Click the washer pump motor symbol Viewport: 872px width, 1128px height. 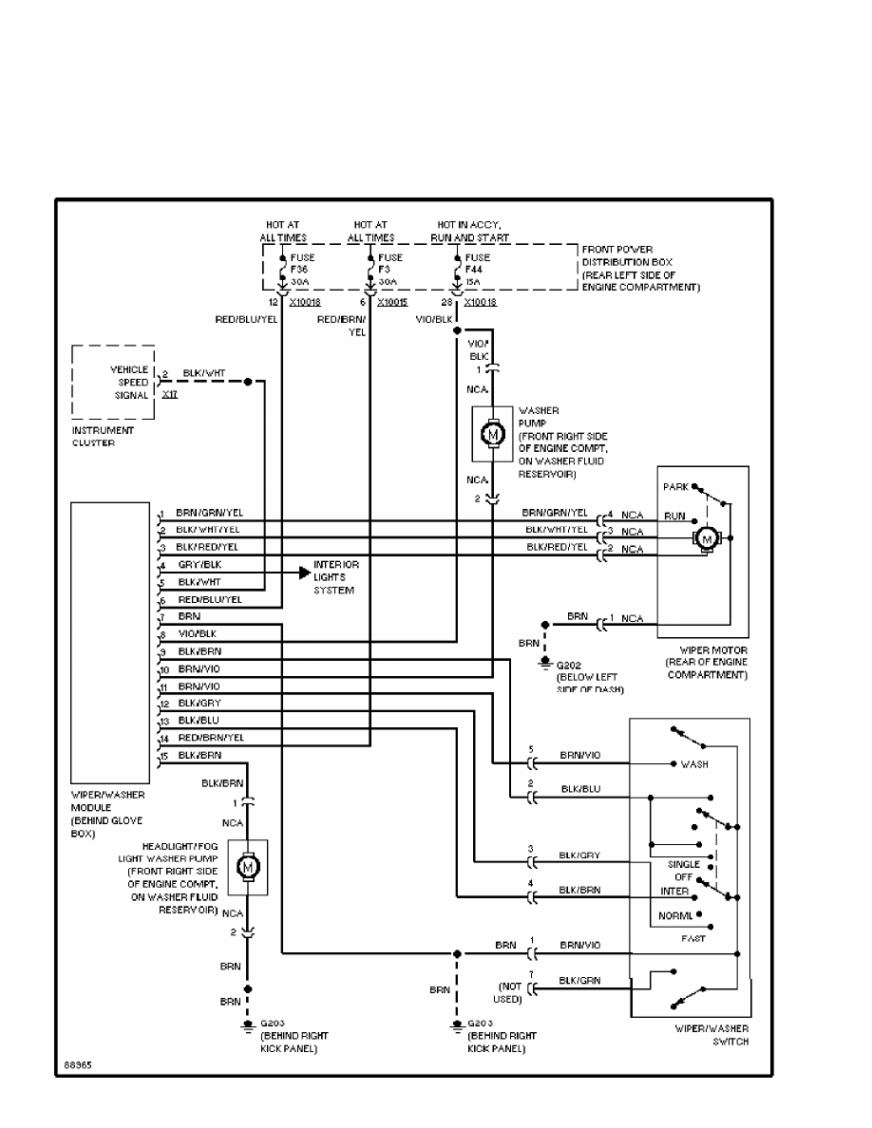(x=492, y=434)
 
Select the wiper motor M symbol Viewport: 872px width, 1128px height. (x=706, y=538)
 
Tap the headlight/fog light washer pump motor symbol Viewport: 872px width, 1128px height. (x=247, y=866)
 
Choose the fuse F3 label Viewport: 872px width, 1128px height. (x=389, y=270)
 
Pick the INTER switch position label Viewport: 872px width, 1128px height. (x=674, y=892)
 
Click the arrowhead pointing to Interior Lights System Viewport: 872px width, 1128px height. (x=305, y=573)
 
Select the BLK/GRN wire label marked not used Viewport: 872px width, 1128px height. (x=578, y=980)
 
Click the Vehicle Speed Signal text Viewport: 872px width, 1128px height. (x=128, y=383)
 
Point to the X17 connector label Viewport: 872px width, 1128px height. (x=170, y=394)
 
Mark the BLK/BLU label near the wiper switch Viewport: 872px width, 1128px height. (x=579, y=789)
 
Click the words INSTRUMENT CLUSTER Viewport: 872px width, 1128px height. (x=104, y=436)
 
